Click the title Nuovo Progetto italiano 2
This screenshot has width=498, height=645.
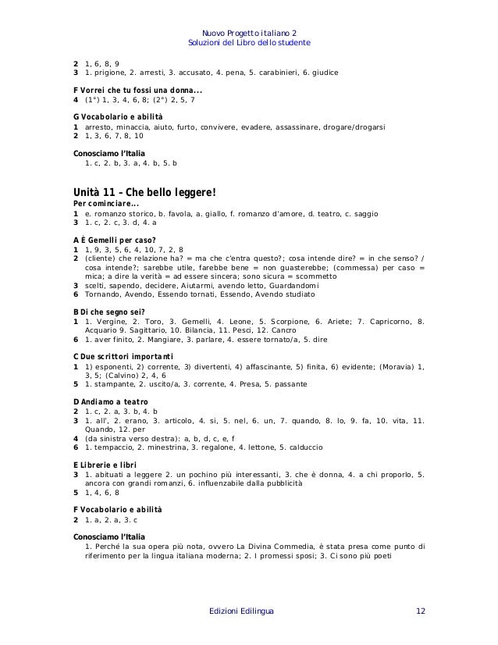coord(249,33)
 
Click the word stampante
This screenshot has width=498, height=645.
coord(112,384)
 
